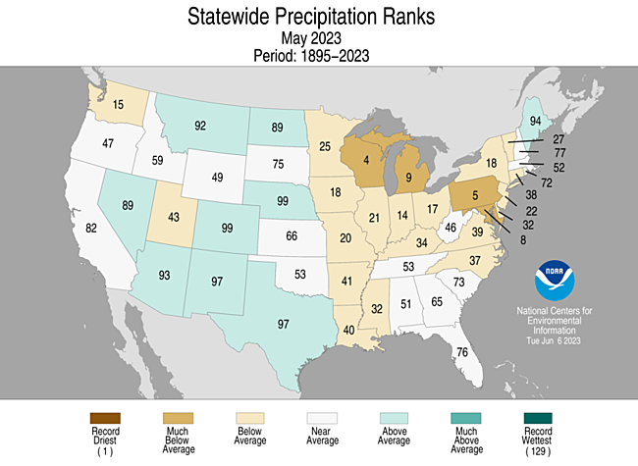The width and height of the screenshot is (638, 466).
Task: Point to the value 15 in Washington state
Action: click(x=118, y=104)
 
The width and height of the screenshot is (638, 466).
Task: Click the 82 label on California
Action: click(x=91, y=228)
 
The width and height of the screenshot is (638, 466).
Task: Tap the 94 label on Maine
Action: click(x=535, y=122)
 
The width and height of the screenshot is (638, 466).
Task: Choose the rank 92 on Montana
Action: click(x=200, y=126)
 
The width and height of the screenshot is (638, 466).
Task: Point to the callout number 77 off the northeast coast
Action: click(x=558, y=153)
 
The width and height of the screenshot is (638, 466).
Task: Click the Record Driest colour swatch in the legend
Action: click(x=104, y=418)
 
